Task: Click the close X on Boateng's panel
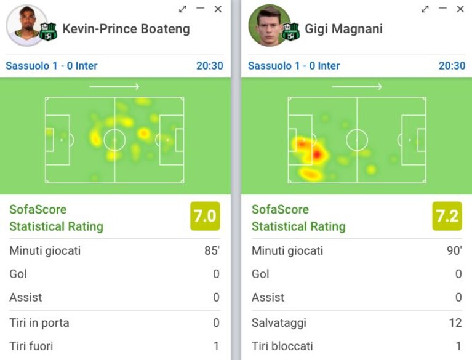pyautogui.click(x=218, y=9)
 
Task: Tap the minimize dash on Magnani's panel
pyautogui.click(x=442, y=8)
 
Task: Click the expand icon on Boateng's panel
pyautogui.click(x=182, y=9)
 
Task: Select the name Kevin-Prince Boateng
pyautogui.click(x=126, y=29)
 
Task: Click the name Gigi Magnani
pyautogui.click(x=344, y=29)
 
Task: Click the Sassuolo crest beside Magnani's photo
pyautogui.click(x=291, y=31)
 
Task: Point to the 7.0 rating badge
pyautogui.click(x=205, y=216)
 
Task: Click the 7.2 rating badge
pyautogui.click(x=447, y=216)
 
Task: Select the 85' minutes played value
pyautogui.click(x=212, y=250)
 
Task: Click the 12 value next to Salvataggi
pyautogui.click(x=455, y=322)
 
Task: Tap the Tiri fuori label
pyautogui.click(x=31, y=346)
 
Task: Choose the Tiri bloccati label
pyautogui.click(x=282, y=346)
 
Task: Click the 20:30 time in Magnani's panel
pyautogui.click(x=452, y=66)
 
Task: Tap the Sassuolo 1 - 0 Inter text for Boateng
pyautogui.click(x=52, y=66)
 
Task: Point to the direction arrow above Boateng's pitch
pyautogui.click(x=114, y=87)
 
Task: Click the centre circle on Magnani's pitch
pyautogui.click(x=357, y=129)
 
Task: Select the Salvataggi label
pyautogui.click(x=279, y=323)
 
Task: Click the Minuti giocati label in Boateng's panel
pyautogui.click(x=45, y=250)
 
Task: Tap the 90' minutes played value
pyautogui.click(x=454, y=250)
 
